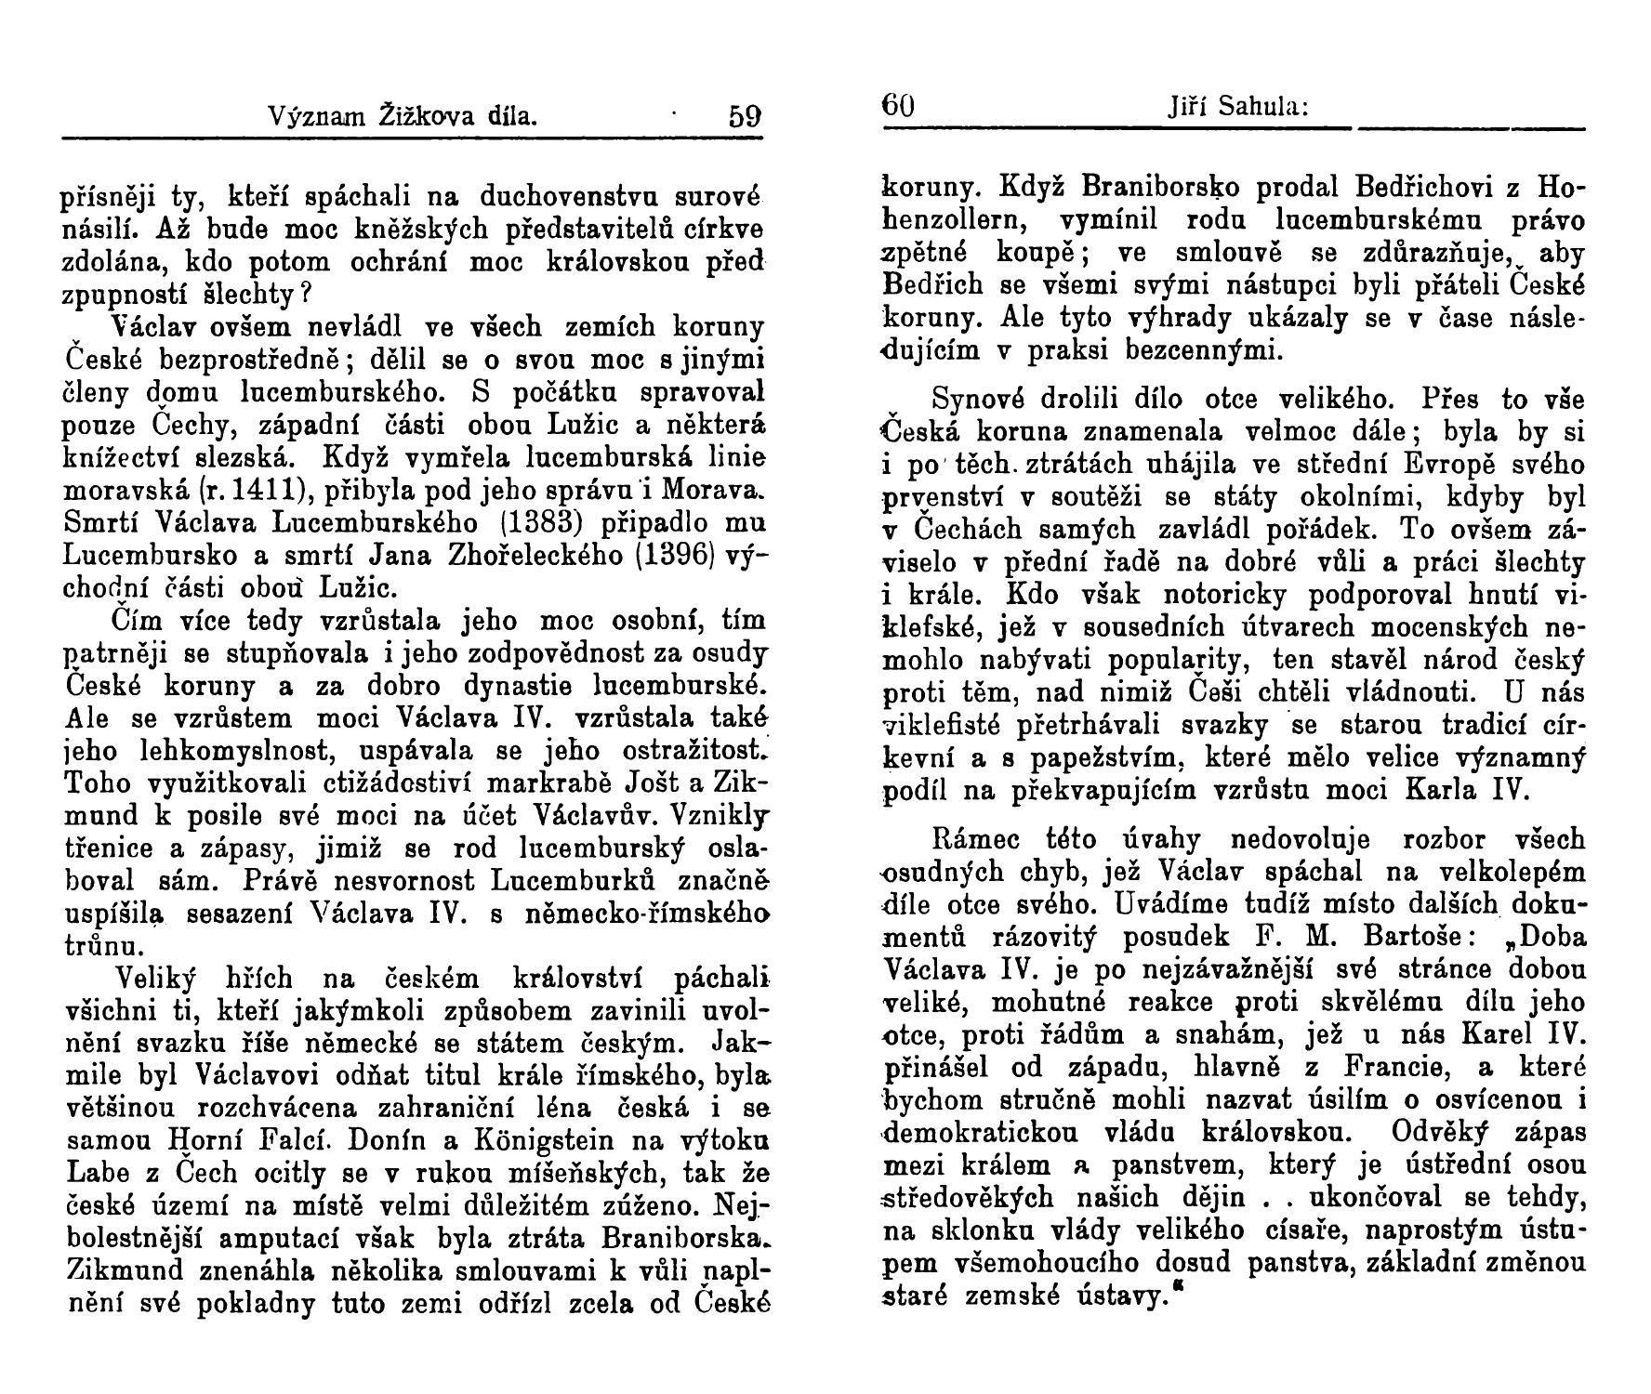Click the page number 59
pyautogui.click(x=745, y=117)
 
